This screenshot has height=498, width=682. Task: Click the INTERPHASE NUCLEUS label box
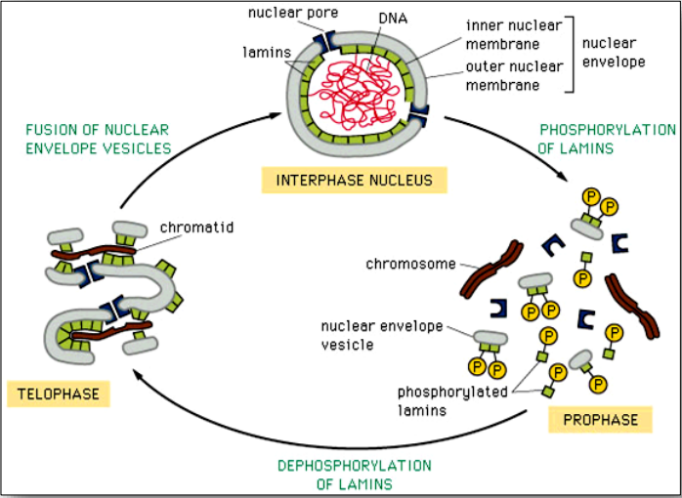(354, 180)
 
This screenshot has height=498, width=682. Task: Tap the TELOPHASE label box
(59, 394)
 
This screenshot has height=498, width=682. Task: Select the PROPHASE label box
(600, 419)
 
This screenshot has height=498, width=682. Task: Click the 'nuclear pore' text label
(293, 13)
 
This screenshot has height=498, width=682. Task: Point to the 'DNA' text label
(393, 19)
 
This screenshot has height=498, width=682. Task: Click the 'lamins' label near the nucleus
(267, 53)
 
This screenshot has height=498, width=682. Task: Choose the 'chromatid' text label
(196, 228)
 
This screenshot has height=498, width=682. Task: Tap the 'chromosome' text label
(410, 264)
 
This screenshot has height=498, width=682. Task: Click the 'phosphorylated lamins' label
(452, 400)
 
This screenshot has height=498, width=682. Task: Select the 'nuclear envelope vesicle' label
(382, 335)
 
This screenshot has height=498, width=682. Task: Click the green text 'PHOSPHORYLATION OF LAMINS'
(607, 139)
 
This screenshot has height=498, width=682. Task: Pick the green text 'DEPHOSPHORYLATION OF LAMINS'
(355, 475)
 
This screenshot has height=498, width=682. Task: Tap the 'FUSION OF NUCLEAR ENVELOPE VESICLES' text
(99, 139)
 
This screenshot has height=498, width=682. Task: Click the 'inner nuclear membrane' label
(514, 34)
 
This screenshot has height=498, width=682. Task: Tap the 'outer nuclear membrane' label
(514, 75)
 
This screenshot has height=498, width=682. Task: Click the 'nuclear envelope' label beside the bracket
(614, 52)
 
